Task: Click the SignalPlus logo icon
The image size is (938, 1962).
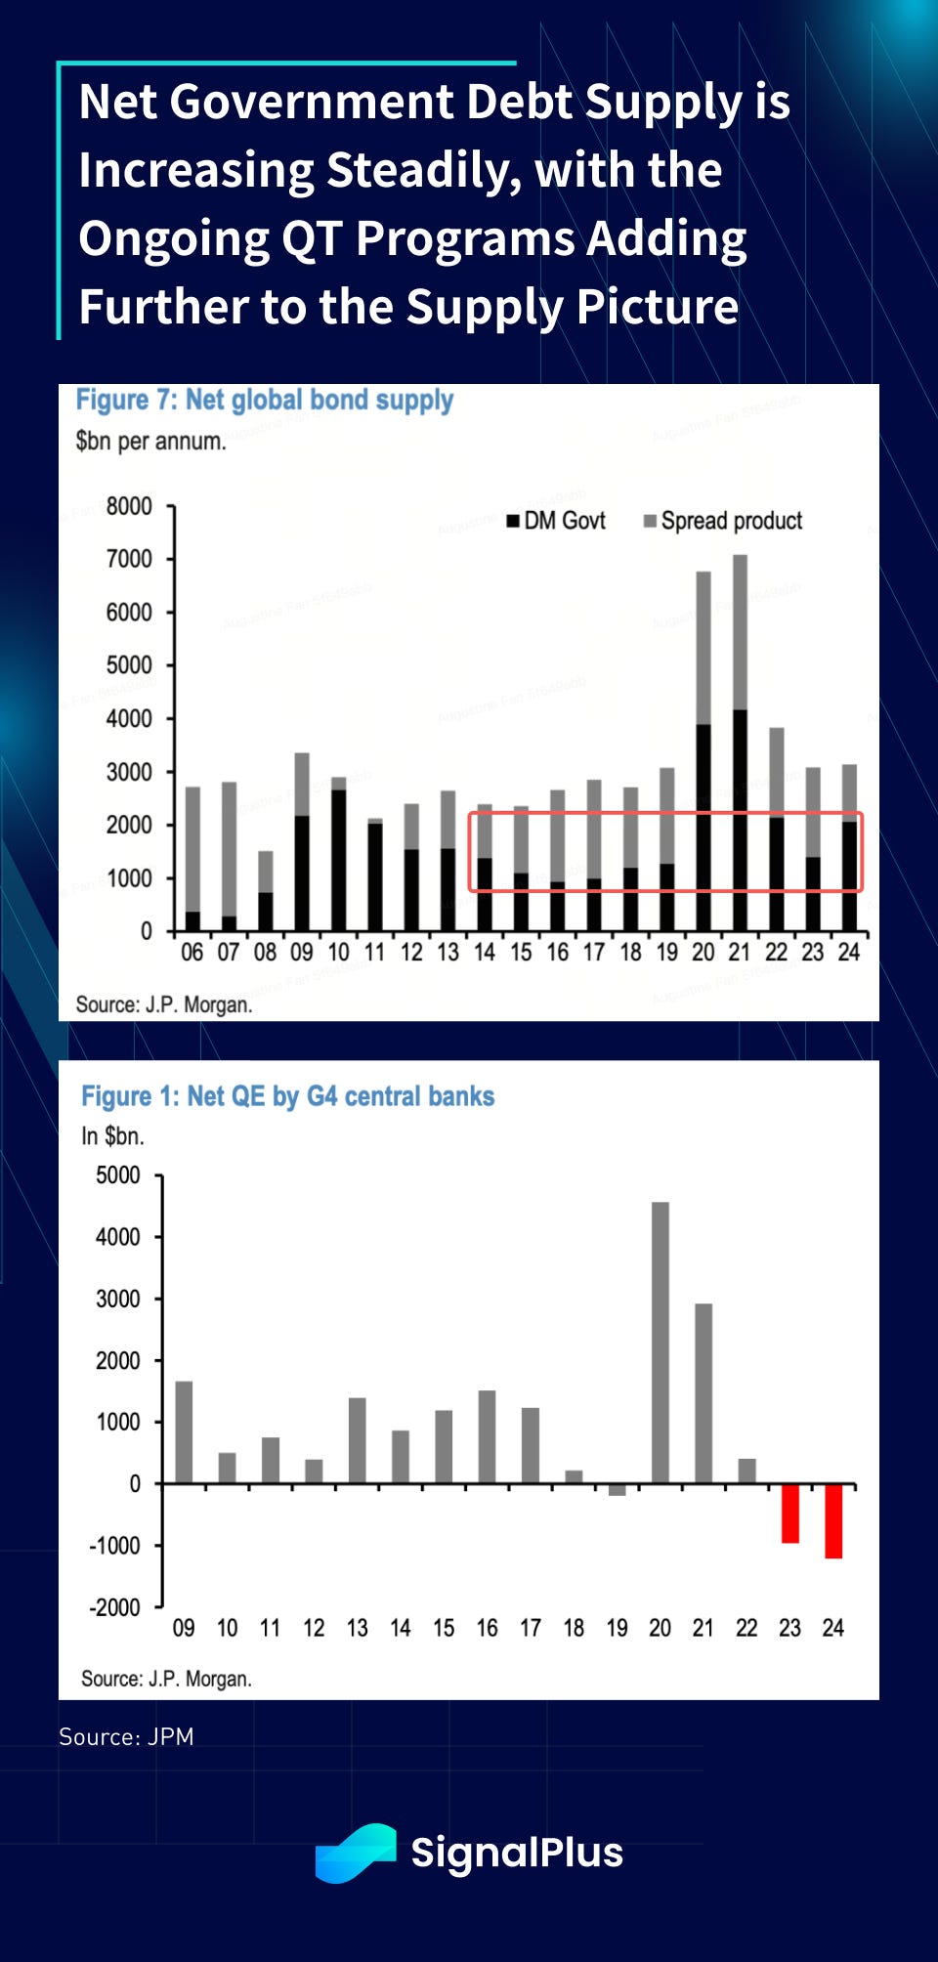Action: point(356,1852)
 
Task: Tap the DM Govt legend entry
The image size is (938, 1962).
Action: point(556,521)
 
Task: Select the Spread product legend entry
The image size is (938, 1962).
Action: point(722,521)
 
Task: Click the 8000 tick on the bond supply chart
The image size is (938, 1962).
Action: point(129,506)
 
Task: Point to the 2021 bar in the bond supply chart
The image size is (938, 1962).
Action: point(740,743)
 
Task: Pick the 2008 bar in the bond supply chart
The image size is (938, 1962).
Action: point(266,890)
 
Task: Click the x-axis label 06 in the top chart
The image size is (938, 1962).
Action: point(192,953)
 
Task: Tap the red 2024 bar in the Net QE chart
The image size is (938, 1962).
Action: point(833,1520)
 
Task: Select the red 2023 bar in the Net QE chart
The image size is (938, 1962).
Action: point(790,1513)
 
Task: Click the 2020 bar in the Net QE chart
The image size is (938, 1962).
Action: point(661,1343)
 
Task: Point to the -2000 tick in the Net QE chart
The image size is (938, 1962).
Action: point(115,1607)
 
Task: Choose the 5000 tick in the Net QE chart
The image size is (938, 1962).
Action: point(118,1175)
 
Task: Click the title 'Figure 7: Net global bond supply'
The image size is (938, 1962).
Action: point(265,400)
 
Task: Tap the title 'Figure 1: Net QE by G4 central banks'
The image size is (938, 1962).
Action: point(287,1096)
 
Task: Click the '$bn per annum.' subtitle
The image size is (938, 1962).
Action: point(150,441)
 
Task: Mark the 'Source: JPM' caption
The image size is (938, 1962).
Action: point(126,1736)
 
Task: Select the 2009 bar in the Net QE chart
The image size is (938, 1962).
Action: point(184,1432)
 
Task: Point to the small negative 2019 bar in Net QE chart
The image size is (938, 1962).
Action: point(618,1489)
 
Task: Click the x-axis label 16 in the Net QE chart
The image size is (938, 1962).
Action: point(487,1628)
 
